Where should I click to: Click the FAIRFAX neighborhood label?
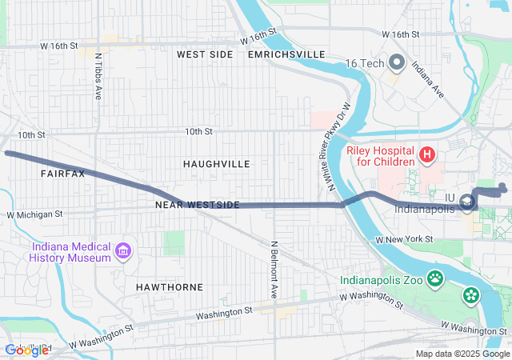coord(62,173)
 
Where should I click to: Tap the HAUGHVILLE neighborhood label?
coord(216,164)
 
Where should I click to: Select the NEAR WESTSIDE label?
coord(198,206)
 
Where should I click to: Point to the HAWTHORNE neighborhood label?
coord(169,286)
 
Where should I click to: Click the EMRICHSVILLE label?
coord(287,54)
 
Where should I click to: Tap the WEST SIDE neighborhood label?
coord(205,54)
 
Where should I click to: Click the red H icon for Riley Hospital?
coord(427,154)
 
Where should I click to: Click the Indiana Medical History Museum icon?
coord(122,252)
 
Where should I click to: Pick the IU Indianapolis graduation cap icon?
coord(466,207)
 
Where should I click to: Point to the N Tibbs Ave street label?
coord(98,77)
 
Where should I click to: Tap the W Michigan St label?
coord(34,214)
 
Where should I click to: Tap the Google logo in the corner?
coord(26,350)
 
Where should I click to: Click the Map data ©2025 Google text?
coord(462,354)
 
